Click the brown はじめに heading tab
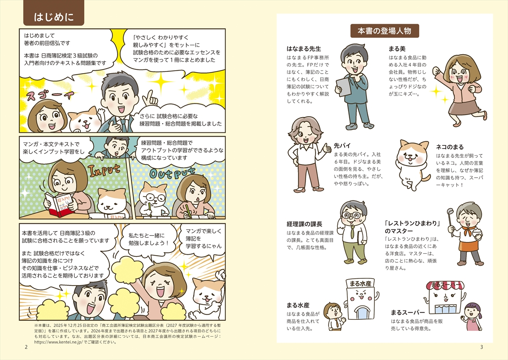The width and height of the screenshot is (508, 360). [x=54, y=13]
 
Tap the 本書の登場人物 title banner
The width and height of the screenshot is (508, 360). [x=385, y=31]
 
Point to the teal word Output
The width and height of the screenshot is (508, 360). [x=172, y=174]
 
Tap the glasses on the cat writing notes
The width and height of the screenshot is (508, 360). [x=155, y=198]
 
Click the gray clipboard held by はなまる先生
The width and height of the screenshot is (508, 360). [x=344, y=88]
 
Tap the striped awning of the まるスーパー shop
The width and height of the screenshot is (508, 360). [x=445, y=286]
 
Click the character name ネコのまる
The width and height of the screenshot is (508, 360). [x=450, y=147]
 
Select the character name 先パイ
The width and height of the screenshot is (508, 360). [x=342, y=146]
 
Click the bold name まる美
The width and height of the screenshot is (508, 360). [x=397, y=49]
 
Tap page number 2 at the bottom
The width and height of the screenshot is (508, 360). [x=26, y=347]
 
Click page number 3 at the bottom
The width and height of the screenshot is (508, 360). [x=482, y=347]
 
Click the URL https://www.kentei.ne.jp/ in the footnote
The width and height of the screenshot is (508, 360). [x=58, y=342]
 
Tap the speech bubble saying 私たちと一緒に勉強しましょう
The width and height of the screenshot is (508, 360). [x=148, y=239]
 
